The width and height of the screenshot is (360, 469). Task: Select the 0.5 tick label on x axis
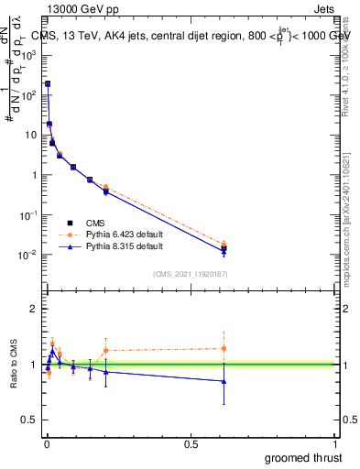click(191, 443)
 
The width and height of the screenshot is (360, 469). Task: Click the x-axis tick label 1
click(336, 443)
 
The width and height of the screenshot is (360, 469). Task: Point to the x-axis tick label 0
click(46, 443)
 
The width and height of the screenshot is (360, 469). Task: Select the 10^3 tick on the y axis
click(28, 54)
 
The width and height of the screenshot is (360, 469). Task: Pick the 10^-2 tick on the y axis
click(28, 255)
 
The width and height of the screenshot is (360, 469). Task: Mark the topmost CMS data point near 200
click(48, 83)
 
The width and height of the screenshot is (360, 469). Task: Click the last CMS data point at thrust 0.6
click(224, 248)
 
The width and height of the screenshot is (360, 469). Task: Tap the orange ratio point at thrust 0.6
click(224, 348)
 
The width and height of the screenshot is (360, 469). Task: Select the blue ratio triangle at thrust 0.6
click(224, 381)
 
